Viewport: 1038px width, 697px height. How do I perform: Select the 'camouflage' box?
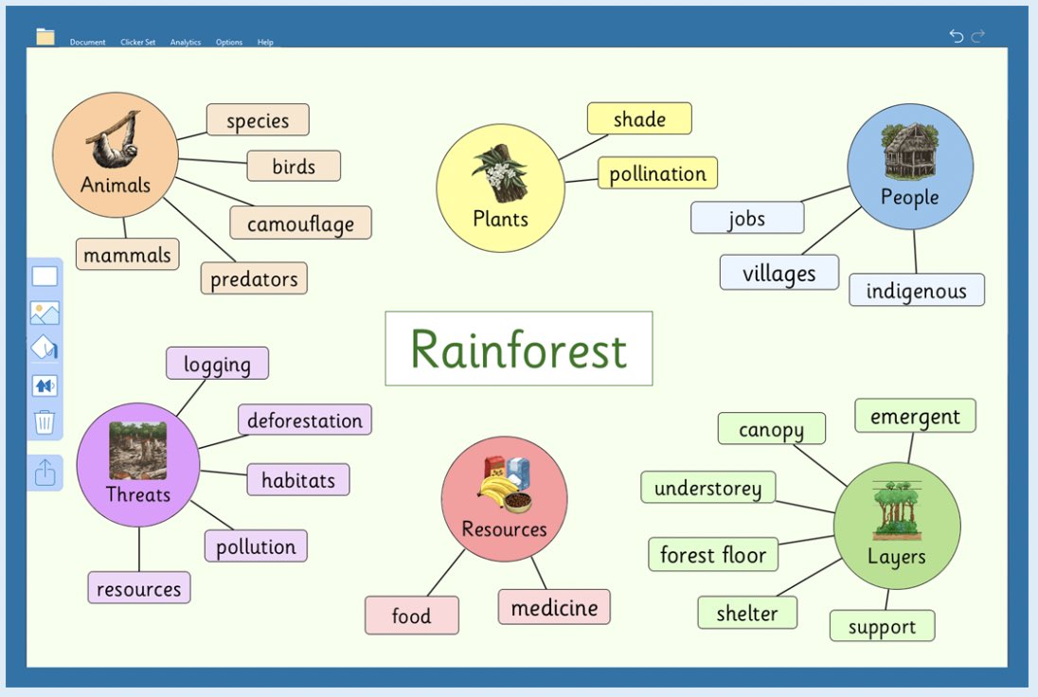click(x=300, y=223)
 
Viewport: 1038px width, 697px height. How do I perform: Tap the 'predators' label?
click(x=254, y=278)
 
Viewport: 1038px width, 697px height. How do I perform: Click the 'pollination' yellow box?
click(x=657, y=173)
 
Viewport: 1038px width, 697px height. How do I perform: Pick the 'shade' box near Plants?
click(x=639, y=119)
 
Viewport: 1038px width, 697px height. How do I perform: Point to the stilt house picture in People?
click(x=909, y=151)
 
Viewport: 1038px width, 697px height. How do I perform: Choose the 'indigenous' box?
click(x=917, y=290)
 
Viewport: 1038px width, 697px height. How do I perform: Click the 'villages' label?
click(x=779, y=273)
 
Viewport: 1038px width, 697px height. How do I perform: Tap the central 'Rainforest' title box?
click(x=519, y=348)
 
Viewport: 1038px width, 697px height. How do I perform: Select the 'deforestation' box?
click(x=305, y=420)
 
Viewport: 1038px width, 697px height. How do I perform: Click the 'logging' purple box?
click(x=217, y=364)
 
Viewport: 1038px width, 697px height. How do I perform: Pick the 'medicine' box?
click(x=554, y=607)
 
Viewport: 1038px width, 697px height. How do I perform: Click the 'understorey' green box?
click(x=707, y=488)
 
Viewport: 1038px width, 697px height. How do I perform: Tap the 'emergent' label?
click(x=915, y=416)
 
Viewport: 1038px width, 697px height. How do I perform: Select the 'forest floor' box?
click(x=713, y=554)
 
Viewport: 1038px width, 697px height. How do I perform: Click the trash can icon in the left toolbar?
click(x=45, y=421)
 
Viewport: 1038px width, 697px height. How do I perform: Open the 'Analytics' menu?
click(x=186, y=42)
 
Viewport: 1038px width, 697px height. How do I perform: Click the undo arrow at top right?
click(x=956, y=35)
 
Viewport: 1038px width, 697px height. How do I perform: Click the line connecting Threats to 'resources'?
click(x=139, y=549)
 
